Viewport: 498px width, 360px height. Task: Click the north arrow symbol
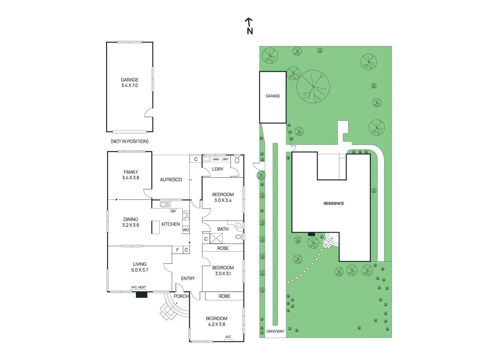[x=249, y=26]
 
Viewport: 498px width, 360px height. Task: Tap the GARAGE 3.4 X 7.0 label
[x=129, y=82]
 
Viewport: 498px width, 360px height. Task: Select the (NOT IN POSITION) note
[x=129, y=141]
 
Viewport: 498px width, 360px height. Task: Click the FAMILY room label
[x=130, y=175]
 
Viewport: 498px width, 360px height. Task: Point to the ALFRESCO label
[x=171, y=180]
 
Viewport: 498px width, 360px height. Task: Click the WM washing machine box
[x=216, y=159]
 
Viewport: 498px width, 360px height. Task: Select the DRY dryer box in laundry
[x=225, y=159]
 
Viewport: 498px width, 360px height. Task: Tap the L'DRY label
[x=218, y=169]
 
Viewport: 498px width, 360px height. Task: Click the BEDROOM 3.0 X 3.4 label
[x=223, y=197]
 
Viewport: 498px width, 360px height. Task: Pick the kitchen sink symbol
[x=165, y=204]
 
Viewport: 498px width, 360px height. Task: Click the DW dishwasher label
[x=173, y=211]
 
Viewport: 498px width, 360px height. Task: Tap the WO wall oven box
[x=186, y=230]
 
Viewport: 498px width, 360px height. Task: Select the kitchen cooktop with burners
[x=186, y=215]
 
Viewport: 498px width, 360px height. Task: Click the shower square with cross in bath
[x=216, y=238]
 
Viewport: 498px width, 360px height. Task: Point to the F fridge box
[x=177, y=250]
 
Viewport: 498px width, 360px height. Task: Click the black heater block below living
[x=141, y=295]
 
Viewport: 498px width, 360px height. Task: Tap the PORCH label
[x=181, y=296]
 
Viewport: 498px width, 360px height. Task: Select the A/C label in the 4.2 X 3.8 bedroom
[x=228, y=337]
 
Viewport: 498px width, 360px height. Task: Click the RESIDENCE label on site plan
[x=334, y=203]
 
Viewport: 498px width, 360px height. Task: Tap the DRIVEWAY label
[x=275, y=331]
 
